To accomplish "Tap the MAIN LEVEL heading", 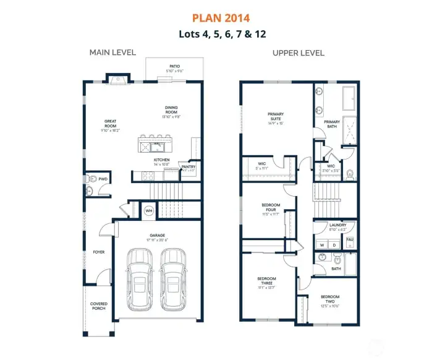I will pyautogui.click(x=112, y=53).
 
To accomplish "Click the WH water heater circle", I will pyautogui.click(x=148, y=211).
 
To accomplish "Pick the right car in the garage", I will pyautogui.click(x=172, y=279).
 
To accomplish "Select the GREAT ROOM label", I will pyautogui.click(x=111, y=124).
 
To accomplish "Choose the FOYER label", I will pyautogui.click(x=100, y=252).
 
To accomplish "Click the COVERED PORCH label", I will pyautogui.click(x=99, y=305).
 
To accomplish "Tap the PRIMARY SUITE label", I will pyautogui.click(x=276, y=116).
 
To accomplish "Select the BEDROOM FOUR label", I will pyautogui.click(x=271, y=208).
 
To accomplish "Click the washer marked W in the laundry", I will pyautogui.click(x=321, y=245).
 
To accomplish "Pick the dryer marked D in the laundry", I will pyautogui.click(x=334, y=245).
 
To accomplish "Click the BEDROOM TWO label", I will pyautogui.click(x=330, y=299).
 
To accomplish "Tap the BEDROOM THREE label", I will pyautogui.click(x=267, y=281).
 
